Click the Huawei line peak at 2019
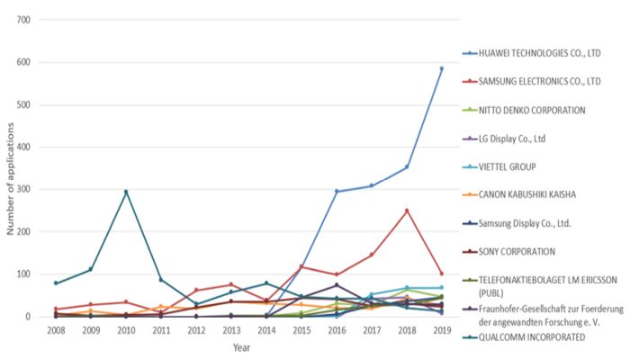(441, 68)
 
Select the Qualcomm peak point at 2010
(126, 192)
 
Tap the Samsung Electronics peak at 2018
(406, 211)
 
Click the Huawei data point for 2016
(337, 191)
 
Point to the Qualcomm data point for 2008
(56, 283)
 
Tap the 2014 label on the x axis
(266, 331)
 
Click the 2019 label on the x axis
(441, 331)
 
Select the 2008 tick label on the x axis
(56, 331)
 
